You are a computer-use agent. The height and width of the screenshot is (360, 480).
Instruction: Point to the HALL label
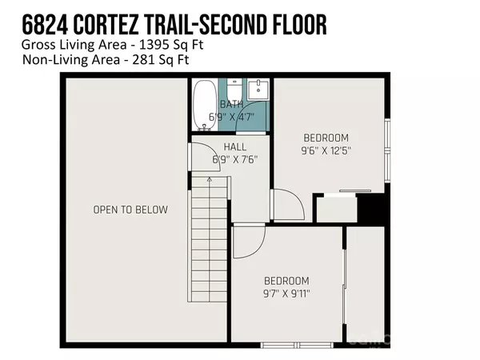coord(234,146)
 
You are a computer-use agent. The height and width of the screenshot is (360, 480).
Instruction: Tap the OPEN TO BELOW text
coord(130,210)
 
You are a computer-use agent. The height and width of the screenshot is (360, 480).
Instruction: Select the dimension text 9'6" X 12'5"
coord(326,149)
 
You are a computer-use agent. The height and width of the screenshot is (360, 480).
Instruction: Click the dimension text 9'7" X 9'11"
coord(286,293)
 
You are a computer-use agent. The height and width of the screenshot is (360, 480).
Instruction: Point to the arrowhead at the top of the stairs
coord(210,180)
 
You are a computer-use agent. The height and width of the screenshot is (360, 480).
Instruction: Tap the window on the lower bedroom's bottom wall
coord(286,345)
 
